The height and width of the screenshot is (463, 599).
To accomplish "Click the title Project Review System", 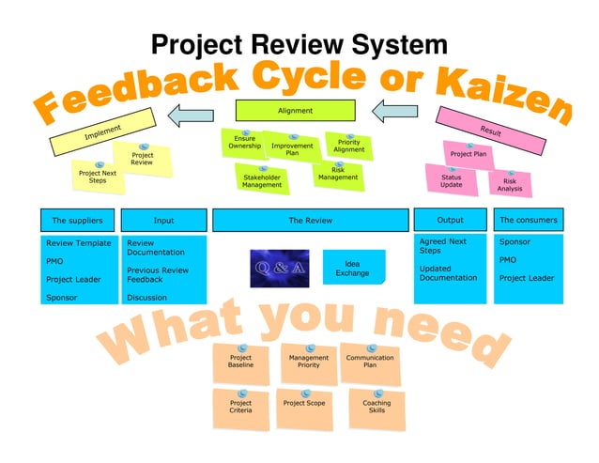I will click(x=299, y=44).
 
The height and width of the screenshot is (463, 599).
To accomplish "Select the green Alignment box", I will click(x=295, y=111).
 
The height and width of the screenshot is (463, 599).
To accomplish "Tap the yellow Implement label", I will click(x=102, y=133).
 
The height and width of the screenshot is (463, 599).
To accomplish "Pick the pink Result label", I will click(x=490, y=131).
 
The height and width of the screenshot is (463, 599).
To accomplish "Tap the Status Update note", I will click(x=451, y=180).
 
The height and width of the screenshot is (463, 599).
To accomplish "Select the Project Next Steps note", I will click(x=98, y=176).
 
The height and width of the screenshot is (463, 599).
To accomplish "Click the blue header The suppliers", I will click(x=77, y=221).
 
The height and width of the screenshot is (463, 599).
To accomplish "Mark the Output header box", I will click(x=450, y=220).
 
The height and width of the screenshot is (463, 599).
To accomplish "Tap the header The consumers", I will click(x=528, y=220).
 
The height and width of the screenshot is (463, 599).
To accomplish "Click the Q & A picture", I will click(x=278, y=269).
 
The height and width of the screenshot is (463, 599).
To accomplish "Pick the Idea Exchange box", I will click(x=353, y=269).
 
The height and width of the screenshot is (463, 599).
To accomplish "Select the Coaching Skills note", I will click(x=376, y=407).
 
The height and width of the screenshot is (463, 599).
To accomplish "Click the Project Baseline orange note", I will click(x=240, y=362).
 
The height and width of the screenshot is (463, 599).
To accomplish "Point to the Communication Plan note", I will click(x=370, y=362).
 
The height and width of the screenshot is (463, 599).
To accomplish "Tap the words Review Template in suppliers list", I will click(x=79, y=243).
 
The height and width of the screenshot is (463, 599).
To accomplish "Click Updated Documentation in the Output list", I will click(x=448, y=273).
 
